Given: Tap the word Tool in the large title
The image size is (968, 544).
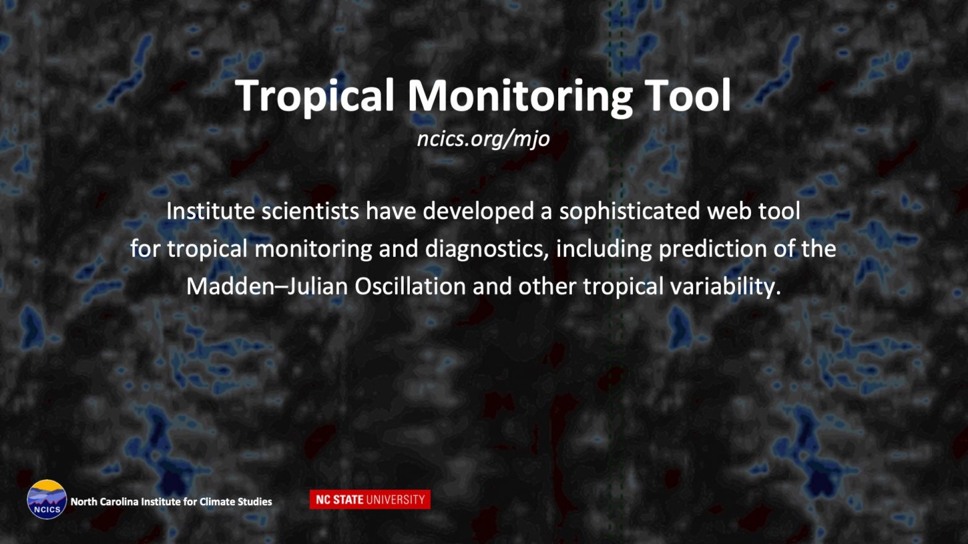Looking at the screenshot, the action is pos(687,95).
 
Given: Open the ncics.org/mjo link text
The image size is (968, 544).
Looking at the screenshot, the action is pos(483,139).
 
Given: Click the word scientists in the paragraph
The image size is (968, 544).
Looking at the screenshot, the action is pos(310,211).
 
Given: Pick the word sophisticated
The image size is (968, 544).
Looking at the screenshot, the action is pos(629,212).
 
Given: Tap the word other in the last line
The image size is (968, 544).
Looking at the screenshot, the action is pos(547,287).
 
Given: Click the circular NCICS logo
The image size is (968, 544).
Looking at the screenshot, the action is pos(47,499).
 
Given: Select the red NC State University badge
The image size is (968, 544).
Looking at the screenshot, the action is pos(370,500).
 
